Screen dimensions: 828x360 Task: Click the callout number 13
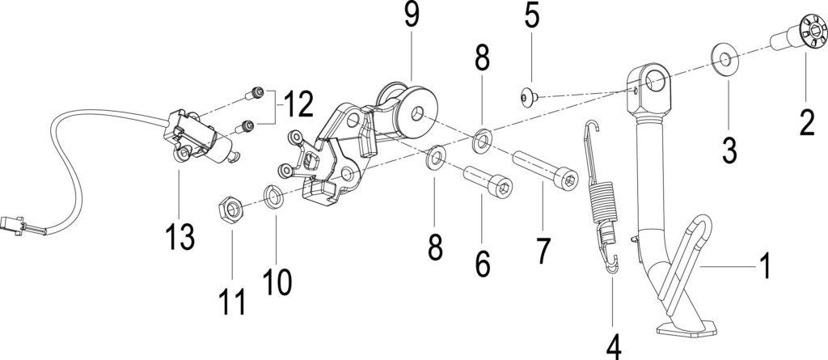pyautogui.click(x=180, y=236)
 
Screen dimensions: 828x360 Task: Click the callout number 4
pyautogui.click(x=613, y=346)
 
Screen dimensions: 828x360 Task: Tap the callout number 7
pyautogui.click(x=543, y=251)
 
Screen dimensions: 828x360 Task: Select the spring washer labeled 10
pyautogui.click(x=273, y=196)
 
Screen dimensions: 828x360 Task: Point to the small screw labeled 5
pyautogui.click(x=528, y=97)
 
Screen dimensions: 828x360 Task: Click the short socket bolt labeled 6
pyautogui.click(x=488, y=182)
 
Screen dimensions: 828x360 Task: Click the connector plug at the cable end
pyautogui.click(x=14, y=225)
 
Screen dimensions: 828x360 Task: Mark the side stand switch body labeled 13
pyautogui.click(x=199, y=139)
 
